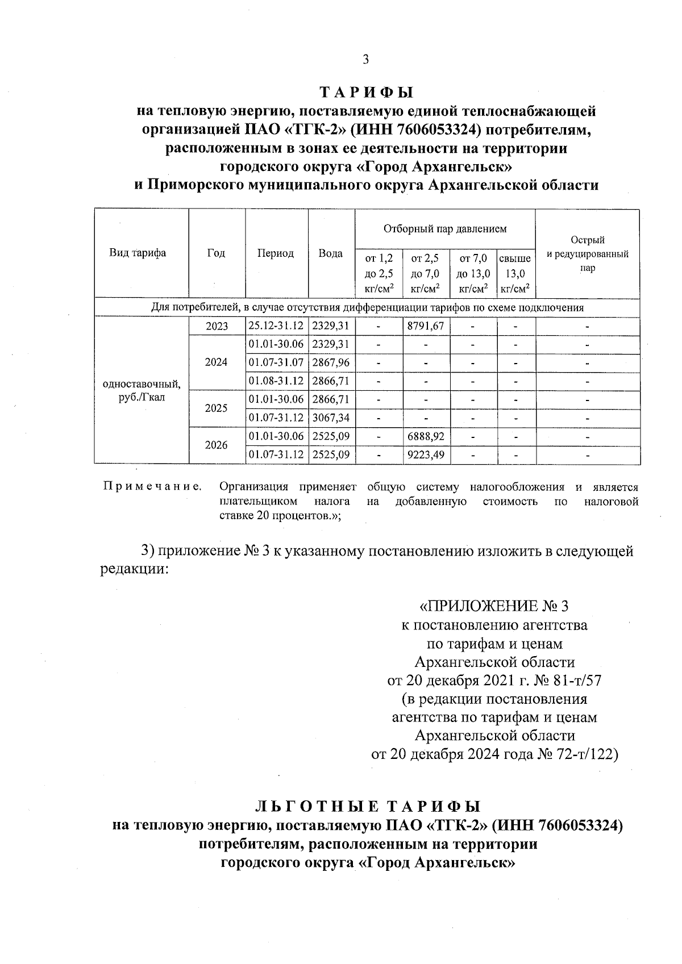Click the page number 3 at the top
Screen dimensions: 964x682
point(366,59)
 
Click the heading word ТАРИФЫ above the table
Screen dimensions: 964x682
point(366,92)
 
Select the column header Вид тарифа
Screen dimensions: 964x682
point(138,253)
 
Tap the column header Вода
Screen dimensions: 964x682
point(331,253)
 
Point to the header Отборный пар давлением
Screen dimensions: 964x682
point(445,229)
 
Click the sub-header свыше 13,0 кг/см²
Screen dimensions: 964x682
point(515,274)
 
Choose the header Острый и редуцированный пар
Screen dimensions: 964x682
point(588,253)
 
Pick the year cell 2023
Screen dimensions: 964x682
point(217,326)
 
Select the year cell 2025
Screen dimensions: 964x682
point(217,408)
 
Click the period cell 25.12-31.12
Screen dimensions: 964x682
point(276,325)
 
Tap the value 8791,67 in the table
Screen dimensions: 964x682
point(426,325)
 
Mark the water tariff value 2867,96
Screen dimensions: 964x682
point(331,362)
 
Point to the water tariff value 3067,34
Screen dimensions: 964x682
point(331,418)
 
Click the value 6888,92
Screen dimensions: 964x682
point(426,436)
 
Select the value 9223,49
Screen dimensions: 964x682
point(426,454)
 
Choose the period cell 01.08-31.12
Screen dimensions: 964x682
point(276,381)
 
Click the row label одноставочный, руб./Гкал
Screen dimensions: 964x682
point(142,391)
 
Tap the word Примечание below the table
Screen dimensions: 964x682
point(152,487)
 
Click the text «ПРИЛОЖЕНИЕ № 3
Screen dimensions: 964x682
point(493,606)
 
